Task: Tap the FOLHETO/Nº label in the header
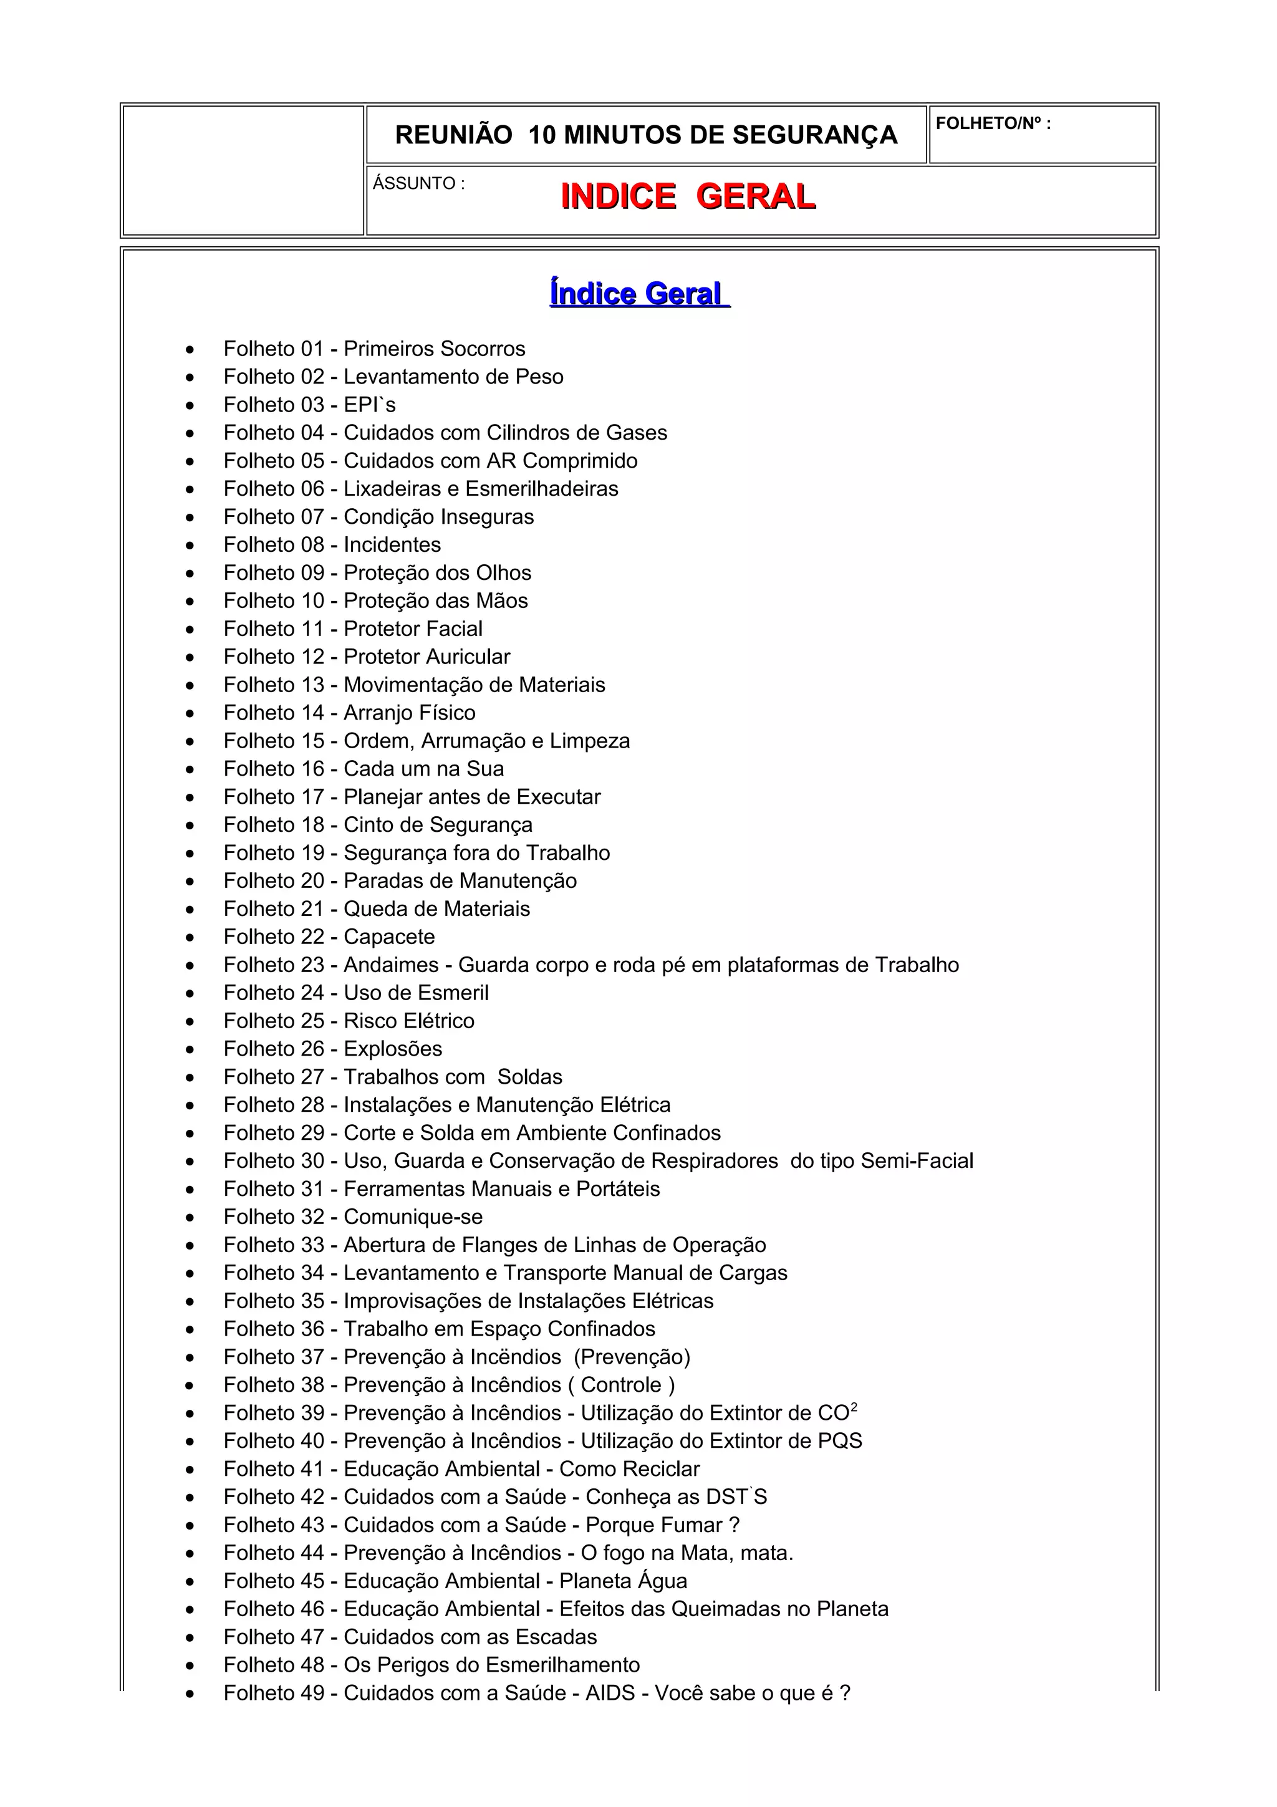click(x=992, y=123)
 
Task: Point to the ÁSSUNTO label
click(x=418, y=183)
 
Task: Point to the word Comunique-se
click(x=413, y=1217)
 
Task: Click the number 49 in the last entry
click(x=312, y=1693)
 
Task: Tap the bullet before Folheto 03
click(x=190, y=406)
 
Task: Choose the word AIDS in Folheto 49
click(x=610, y=1693)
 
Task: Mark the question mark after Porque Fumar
click(x=734, y=1525)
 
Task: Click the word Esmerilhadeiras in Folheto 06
click(x=541, y=489)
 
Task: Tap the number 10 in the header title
click(x=541, y=135)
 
